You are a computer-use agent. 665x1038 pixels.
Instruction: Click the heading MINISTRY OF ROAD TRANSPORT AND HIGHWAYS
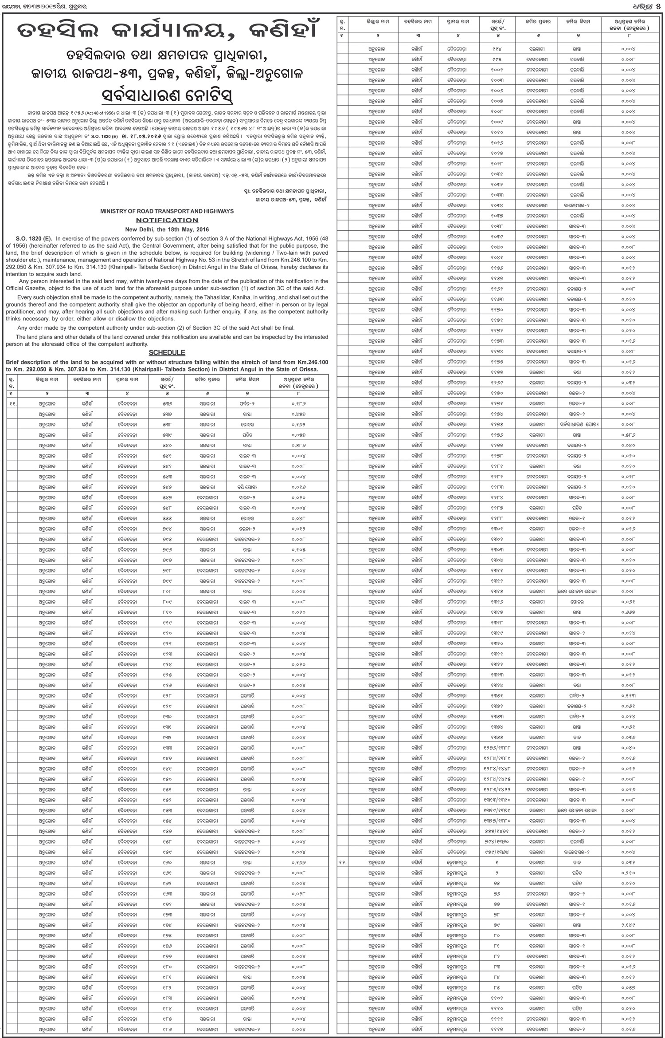coord(167,211)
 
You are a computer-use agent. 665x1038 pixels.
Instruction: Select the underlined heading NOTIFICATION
coord(167,220)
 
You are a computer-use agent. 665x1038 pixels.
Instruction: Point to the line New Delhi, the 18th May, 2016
coord(167,229)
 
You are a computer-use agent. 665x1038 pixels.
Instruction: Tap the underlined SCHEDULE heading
coord(167,352)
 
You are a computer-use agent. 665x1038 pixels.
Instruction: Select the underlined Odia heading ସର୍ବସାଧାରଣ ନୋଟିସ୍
coord(167,96)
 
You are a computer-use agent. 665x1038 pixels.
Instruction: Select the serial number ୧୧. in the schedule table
coord(13,403)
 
